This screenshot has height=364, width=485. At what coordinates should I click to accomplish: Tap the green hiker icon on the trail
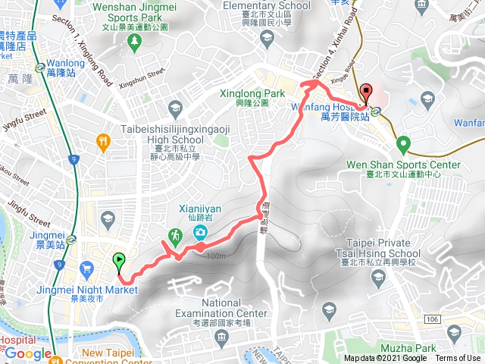[x=176, y=235]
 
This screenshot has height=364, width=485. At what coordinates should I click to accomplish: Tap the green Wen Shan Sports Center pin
[x=403, y=143]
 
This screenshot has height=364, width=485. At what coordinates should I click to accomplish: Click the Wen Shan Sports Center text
[x=403, y=165]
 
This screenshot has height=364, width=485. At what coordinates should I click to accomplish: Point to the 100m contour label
[x=215, y=256]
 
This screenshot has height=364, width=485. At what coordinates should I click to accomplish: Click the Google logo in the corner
[x=29, y=353]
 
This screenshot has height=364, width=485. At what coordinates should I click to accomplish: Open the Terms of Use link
[x=457, y=359]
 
